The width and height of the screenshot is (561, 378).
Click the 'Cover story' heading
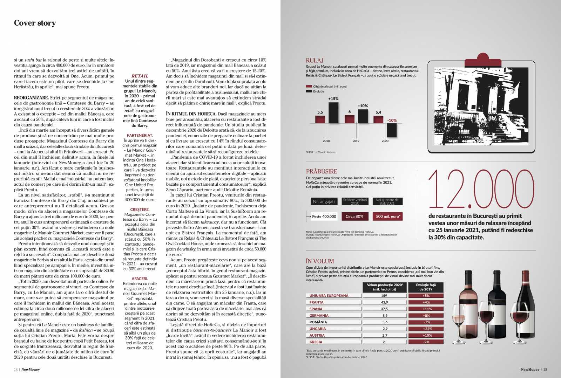[x=35, y=23]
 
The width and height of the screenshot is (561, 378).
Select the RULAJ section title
[x=315, y=60]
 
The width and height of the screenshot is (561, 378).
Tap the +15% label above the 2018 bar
[x=333, y=99]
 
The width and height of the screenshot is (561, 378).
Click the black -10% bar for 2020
[x=391, y=130]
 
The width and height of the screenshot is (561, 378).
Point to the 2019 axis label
[x=356, y=141]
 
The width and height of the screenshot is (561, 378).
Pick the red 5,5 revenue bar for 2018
[x=320, y=119]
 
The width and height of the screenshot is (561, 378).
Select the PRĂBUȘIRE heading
[x=322, y=171]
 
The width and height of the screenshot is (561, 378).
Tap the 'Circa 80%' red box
[x=354, y=217]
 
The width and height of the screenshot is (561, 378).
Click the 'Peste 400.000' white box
[x=324, y=217]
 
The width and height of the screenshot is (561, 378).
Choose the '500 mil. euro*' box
[x=388, y=217]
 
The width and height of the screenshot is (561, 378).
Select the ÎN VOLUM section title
[x=320, y=261]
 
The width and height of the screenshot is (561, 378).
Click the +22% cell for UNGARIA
[x=426, y=329]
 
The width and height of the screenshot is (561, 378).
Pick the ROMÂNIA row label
[x=318, y=322]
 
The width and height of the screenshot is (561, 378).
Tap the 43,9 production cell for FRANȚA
[x=384, y=302]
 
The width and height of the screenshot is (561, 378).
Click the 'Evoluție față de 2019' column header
[x=426, y=287]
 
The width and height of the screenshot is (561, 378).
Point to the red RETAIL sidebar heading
[x=140, y=76]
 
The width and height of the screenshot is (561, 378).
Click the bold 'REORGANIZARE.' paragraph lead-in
[x=31, y=98]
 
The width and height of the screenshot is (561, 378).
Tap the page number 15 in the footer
[x=545, y=369]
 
